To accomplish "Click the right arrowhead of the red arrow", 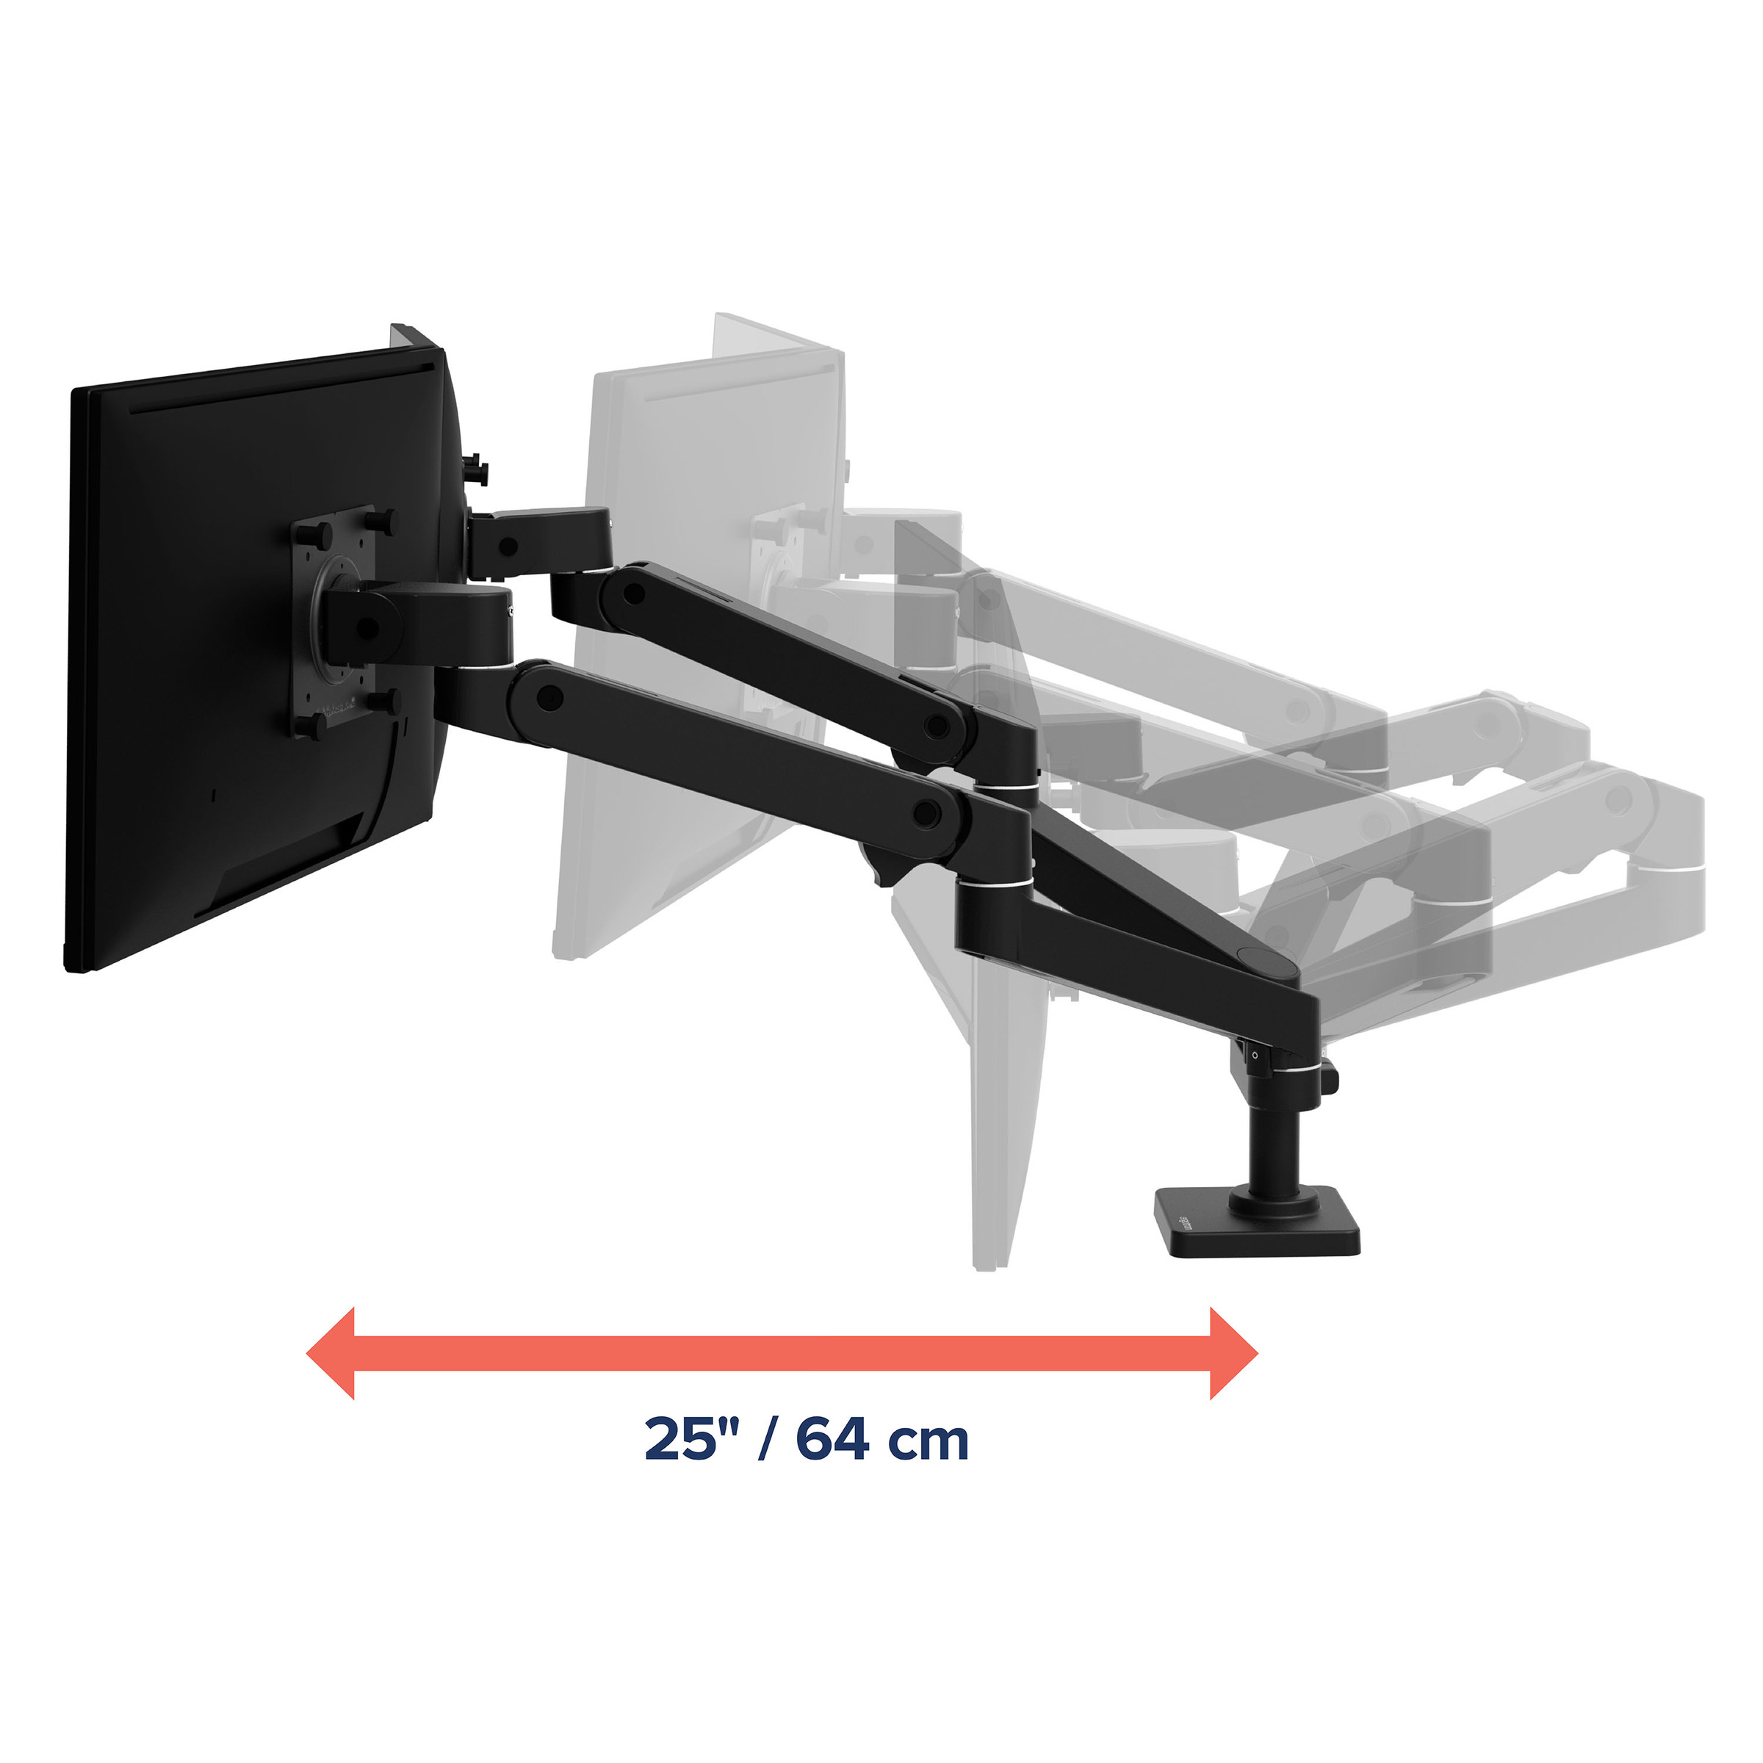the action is [1234, 1354].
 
